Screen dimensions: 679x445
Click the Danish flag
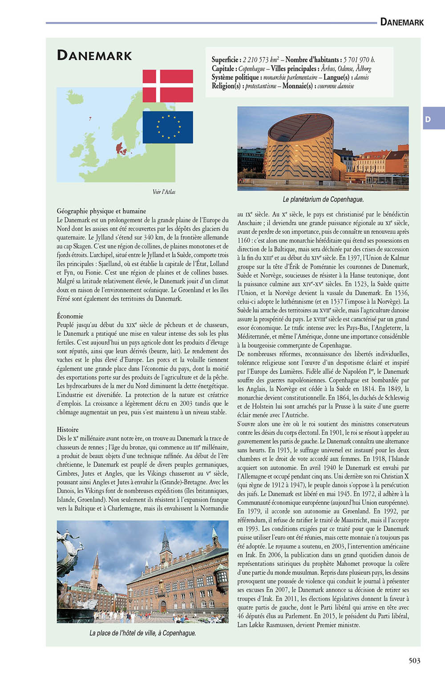point(168,86)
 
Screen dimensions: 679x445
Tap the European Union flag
point(168,127)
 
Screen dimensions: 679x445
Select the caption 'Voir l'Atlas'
point(164,192)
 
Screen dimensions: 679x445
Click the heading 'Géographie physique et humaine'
point(101,211)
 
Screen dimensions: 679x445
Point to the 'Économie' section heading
point(70,316)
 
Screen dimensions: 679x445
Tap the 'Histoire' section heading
point(68,430)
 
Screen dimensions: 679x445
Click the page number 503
point(414,661)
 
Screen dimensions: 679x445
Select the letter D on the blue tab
point(428,119)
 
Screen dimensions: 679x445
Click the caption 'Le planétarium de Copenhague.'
point(323,199)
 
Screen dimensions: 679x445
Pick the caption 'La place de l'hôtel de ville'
point(142,633)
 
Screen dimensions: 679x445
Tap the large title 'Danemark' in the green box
point(95,56)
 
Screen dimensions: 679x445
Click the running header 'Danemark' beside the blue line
point(402,22)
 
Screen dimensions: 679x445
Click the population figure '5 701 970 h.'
point(359,60)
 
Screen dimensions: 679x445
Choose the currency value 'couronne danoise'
point(336,86)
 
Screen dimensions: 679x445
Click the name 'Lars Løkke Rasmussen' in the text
point(274,625)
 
